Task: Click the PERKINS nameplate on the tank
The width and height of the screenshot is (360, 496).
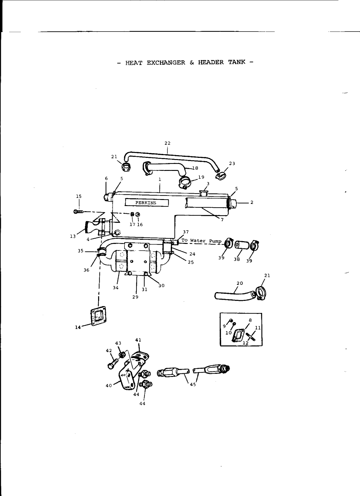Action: pos(147,203)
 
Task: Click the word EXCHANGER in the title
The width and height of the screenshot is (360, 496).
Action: pos(166,63)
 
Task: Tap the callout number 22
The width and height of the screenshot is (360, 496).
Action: pos(167,143)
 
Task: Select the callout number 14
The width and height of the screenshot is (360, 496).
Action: pos(78,327)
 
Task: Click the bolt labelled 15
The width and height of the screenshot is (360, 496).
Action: pos(78,211)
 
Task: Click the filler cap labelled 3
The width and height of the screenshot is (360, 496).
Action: pos(204,193)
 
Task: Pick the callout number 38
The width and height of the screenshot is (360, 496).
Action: pos(237,259)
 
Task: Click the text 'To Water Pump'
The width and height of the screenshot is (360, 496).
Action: pos(201,241)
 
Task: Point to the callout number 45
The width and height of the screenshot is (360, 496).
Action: pos(193,384)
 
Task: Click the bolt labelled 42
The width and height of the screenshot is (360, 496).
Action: pos(112,364)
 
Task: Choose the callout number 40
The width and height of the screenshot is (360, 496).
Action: pos(109,385)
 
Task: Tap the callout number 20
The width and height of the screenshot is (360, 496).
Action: pos(239,283)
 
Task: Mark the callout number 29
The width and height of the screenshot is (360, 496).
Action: pos(135,297)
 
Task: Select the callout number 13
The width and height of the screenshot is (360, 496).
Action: pos(73,237)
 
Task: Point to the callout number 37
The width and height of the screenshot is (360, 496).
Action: pos(186,232)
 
